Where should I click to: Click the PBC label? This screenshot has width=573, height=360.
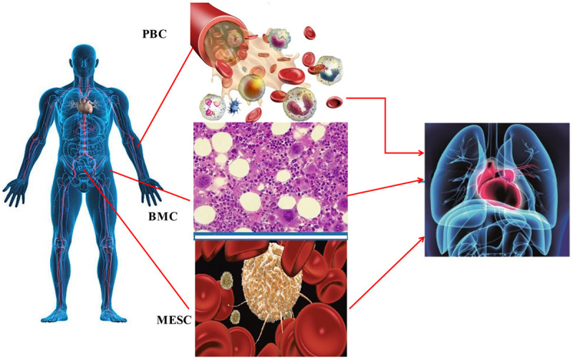click(155, 33)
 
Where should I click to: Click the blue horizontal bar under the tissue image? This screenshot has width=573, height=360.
click(271, 235)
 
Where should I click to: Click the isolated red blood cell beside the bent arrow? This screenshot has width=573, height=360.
click(335, 103)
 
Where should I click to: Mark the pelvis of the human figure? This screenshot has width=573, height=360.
click(85, 172)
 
